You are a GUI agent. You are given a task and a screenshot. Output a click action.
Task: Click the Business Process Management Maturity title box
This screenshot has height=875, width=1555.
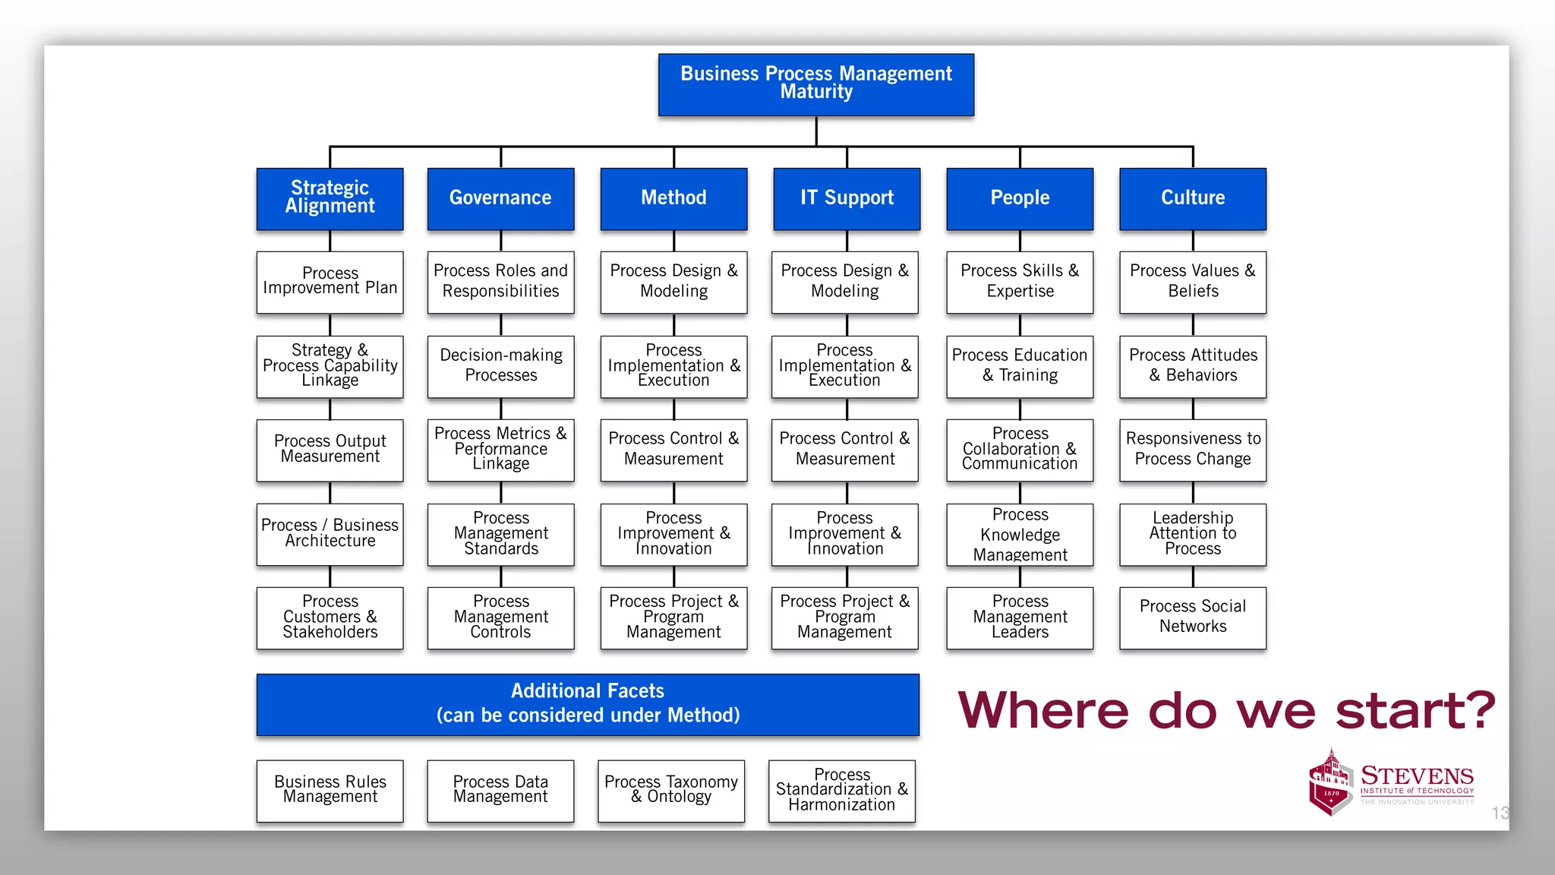click(x=816, y=84)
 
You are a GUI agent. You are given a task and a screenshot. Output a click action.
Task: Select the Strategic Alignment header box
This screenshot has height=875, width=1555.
click(x=330, y=198)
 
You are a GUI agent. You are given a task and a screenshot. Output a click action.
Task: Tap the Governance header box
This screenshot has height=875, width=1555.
click(x=500, y=198)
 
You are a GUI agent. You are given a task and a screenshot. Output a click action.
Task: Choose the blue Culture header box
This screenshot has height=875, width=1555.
click(x=1193, y=198)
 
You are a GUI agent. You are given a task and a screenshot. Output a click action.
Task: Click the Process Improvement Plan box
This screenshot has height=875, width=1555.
click(x=330, y=282)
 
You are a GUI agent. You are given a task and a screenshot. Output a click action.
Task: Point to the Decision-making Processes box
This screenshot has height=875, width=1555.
click(x=500, y=366)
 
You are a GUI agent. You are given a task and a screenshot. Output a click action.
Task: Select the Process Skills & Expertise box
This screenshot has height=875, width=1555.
click(x=1020, y=282)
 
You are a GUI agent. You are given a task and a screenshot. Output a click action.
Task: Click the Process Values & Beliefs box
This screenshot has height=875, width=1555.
click(x=1193, y=282)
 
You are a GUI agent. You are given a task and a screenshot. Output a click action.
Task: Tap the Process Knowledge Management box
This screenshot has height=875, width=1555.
click(x=1020, y=535)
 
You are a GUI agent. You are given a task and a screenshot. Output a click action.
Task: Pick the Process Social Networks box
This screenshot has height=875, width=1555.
click(x=1193, y=617)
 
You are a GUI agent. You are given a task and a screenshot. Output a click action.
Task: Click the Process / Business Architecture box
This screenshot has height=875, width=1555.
click(x=330, y=533)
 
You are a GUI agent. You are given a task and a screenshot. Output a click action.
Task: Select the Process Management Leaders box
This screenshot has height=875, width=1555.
click(x=1020, y=617)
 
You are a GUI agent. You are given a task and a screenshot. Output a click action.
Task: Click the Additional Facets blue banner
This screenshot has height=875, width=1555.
click(x=588, y=704)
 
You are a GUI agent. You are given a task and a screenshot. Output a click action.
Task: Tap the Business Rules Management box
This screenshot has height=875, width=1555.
click(x=330, y=790)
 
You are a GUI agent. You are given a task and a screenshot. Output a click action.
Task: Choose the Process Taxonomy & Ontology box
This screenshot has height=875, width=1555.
click(x=671, y=790)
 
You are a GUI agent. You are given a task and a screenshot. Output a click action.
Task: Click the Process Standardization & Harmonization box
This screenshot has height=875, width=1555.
click(x=842, y=790)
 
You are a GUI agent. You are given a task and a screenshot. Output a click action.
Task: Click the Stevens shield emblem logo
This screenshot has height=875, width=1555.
click(x=1330, y=782)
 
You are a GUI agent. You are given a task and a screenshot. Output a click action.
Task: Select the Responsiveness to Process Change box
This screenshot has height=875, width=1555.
click(x=1193, y=450)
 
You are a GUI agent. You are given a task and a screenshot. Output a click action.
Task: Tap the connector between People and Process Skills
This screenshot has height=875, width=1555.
click(x=1020, y=241)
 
